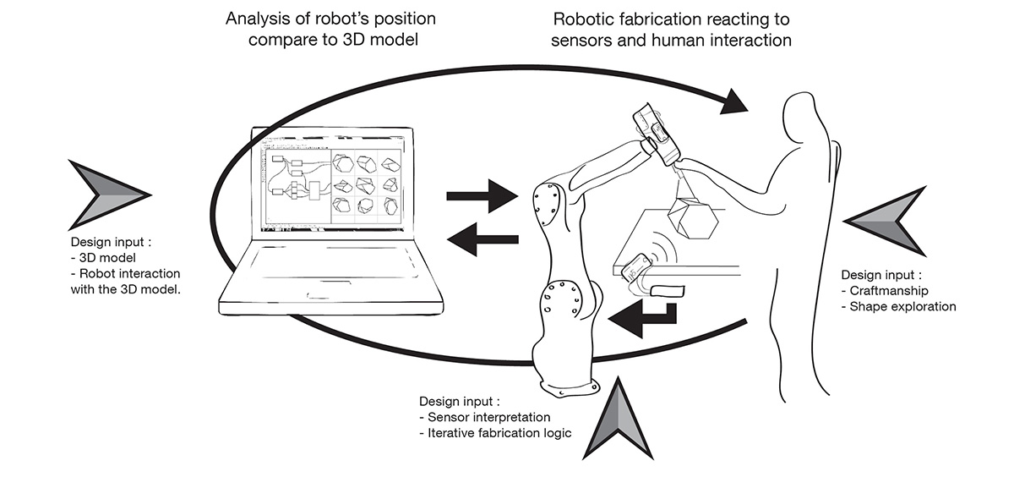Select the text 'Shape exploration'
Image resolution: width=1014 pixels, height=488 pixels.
coord(903,306)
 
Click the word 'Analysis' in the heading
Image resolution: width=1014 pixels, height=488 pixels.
coord(254,18)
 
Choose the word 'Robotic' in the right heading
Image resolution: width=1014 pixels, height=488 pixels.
coord(582,18)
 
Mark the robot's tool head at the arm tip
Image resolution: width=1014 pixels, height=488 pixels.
coord(656,134)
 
